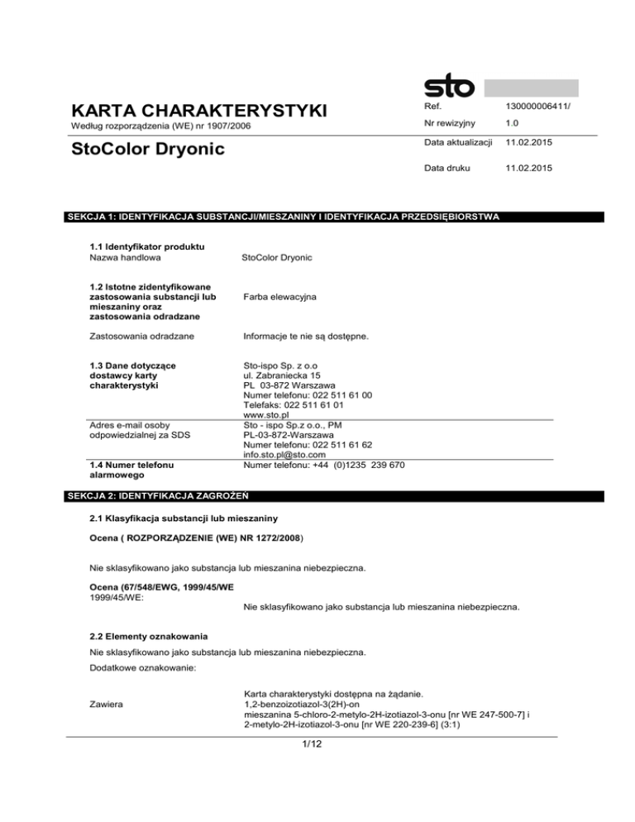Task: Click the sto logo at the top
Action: (x=449, y=86)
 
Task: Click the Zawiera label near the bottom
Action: (x=111, y=703)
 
